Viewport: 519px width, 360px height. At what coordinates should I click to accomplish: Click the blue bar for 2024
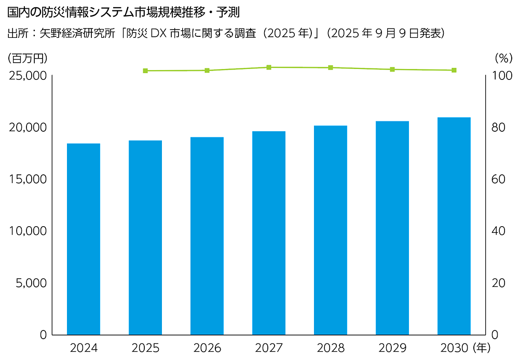pos(84,239)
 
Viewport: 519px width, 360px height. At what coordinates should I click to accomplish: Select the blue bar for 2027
pos(269,233)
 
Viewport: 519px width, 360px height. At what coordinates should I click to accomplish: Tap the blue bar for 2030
pos(454,226)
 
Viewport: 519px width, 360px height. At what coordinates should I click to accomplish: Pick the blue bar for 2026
pos(207,236)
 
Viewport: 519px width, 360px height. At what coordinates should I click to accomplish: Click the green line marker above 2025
pos(145,71)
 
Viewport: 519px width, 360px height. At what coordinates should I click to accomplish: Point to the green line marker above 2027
pos(269,67)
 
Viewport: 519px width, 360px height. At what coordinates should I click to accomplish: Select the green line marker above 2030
pos(454,70)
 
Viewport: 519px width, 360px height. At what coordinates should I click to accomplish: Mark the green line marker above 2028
pos(331,67)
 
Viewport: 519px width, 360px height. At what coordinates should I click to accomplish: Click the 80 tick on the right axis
pos(499,128)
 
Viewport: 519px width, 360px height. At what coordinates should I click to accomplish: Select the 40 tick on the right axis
pos(499,231)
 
